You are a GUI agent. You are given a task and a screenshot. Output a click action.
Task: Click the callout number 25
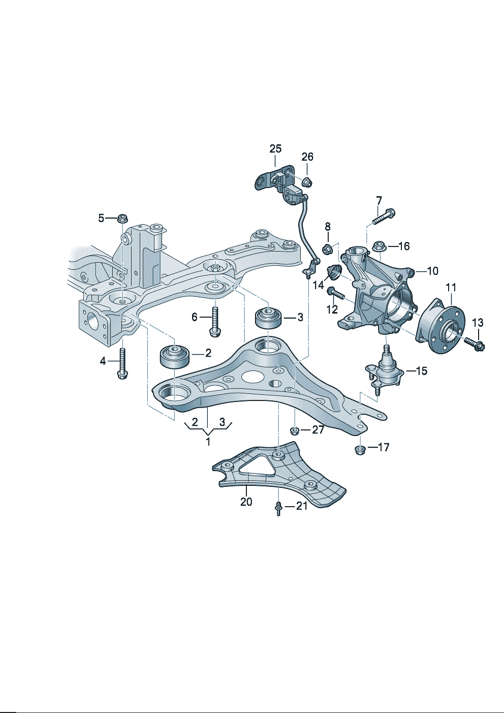275,149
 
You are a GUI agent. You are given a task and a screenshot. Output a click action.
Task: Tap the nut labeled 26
307,182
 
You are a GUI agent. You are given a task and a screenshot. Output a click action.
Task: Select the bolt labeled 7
384,216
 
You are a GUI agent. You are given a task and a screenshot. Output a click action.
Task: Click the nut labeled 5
122,219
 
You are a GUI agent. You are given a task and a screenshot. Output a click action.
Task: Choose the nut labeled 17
360,450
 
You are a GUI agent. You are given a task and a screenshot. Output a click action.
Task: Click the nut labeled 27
294,431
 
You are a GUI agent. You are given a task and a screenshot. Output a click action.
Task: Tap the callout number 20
246,502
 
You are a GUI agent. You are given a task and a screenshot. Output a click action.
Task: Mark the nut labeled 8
328,249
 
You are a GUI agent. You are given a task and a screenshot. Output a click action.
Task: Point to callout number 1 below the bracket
208,441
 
